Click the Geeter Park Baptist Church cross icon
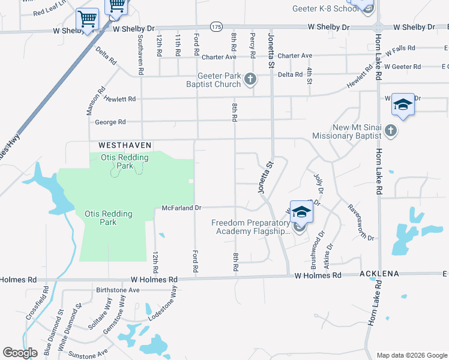[250, 79]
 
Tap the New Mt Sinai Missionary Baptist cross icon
[391, 130]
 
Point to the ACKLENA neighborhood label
[379, 274]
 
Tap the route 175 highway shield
[216, 27]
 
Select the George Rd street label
[110, 122]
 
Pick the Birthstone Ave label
[118, 289]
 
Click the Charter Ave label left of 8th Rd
[219, 57]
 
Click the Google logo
[20, 353]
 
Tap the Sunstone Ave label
[88, 355]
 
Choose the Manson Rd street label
[91, 104]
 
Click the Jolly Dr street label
[318, 183]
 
